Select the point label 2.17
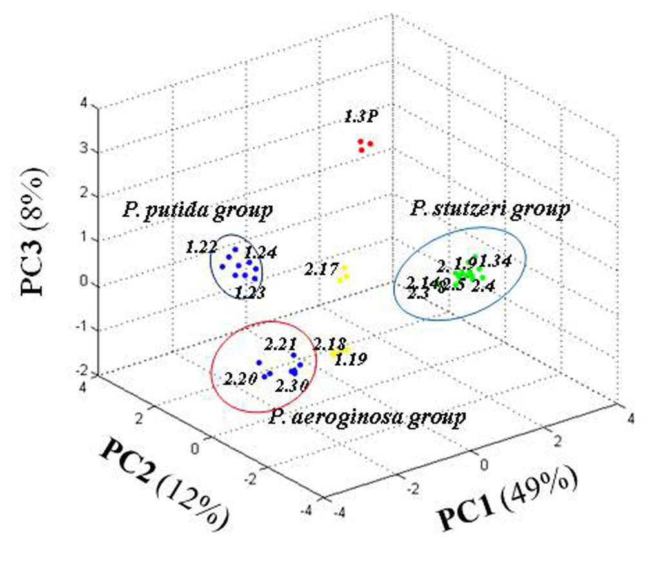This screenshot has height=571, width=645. coord(319,266)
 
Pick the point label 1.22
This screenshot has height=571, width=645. coord(200,246)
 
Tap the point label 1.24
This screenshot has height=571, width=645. coord(261,252)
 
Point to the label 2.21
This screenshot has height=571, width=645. coord(281,344)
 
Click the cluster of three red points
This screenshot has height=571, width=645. coord(364,145)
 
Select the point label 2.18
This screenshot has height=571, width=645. coord(330,343)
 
